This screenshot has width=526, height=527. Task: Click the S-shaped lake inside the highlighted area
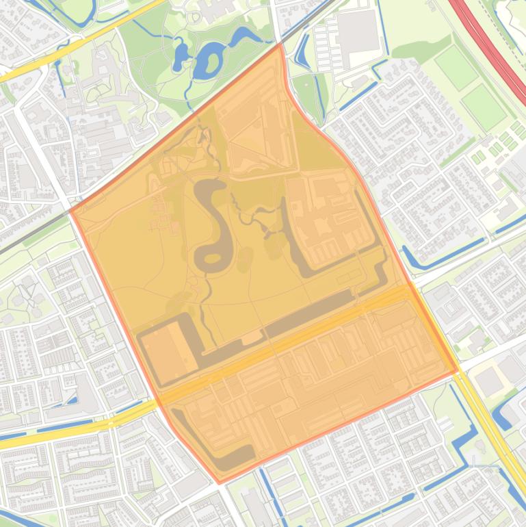click(x=213, y=226)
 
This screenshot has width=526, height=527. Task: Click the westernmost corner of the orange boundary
click(x=71, y=211)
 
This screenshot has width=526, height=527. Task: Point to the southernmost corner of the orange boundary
click(x=220, y=483)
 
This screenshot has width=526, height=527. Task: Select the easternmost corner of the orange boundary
click(x=456, y=371)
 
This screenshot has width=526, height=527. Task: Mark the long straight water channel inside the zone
click(x=308, y=312)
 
